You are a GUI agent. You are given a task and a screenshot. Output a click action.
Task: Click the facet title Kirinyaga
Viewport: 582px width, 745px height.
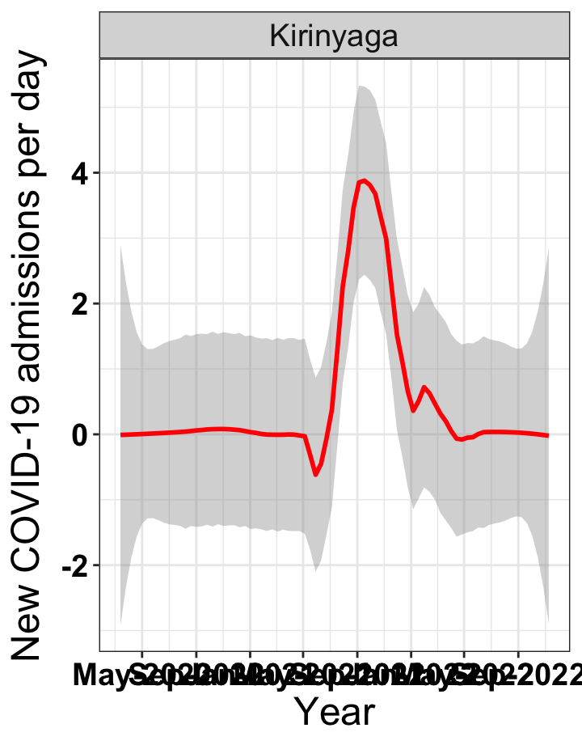[x=334, y=36]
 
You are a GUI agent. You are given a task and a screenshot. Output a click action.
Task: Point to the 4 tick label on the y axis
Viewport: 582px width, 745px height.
[x=81, y=173]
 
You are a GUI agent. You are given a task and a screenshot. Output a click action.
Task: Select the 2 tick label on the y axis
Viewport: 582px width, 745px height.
[x=81, y=304]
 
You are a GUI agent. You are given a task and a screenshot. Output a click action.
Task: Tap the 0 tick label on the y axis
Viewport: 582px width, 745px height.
[x=81, y=434]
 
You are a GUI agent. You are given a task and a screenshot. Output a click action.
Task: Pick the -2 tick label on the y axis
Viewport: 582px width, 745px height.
[x=74, y=565]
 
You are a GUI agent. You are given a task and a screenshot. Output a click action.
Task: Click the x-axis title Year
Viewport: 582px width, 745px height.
[x=334, y=713]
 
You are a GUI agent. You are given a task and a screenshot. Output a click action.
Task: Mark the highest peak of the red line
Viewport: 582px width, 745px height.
[x=365, y=180]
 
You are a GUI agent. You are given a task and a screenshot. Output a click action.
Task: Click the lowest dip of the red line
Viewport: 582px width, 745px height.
[x=316, y=474]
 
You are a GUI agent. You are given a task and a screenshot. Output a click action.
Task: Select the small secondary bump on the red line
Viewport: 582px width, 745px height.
[x=424, y=387]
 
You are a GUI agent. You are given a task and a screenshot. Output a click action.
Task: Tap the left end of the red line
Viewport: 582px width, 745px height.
[x=121, y=434]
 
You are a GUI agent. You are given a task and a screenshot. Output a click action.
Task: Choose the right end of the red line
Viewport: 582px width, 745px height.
[x=547, y=435]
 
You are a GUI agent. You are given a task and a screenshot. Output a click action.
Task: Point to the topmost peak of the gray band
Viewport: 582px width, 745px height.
[x=361, y=86]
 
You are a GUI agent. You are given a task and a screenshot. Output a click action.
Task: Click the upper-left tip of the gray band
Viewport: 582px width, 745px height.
[x=121, y=245]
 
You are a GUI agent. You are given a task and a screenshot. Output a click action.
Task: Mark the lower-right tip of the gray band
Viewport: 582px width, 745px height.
[x=548, y=623]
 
